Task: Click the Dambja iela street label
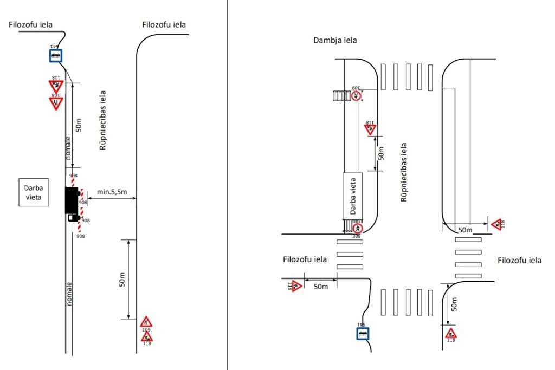(335, 40)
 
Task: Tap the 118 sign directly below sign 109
(146, 336)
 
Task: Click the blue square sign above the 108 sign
(55, 55)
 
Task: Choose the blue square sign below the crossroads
(362, 332)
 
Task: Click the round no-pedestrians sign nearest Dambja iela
(356, 96)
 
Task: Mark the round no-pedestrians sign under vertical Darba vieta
(356, 228)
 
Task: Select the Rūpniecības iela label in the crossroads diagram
(403, 172)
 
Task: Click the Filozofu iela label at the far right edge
(519, 261)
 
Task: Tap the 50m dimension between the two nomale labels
(79, 125)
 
